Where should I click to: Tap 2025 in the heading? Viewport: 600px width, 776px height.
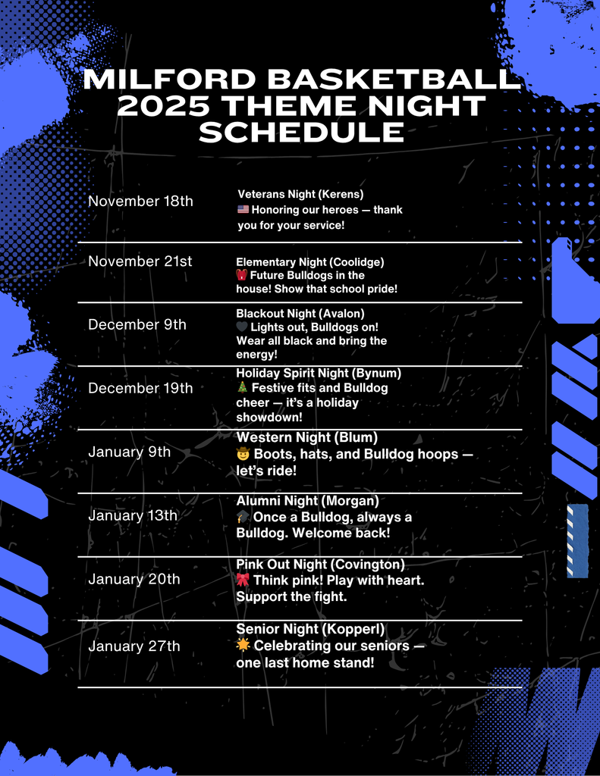click(156, 106)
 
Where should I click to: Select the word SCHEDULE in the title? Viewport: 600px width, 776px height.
click(301, 132)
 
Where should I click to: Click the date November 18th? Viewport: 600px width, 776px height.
click(140, 201)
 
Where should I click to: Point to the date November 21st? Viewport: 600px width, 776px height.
click(140, 261)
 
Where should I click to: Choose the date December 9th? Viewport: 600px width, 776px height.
click(137, 324)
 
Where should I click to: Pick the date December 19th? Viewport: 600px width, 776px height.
click(140, 388)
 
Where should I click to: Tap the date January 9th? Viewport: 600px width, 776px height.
click(130, 452)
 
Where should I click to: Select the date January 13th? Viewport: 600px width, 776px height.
click(133, 515)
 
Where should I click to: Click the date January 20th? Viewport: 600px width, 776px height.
click(134, 579)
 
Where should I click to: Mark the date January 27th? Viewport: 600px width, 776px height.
click(134, 646)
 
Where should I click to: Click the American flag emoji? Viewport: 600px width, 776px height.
click(243, 210)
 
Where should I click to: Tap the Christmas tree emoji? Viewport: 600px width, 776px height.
click(242, 388)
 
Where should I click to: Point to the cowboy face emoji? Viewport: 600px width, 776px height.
click(243, 455)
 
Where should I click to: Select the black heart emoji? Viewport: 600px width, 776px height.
click(242, 327)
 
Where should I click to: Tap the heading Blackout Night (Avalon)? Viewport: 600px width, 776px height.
click(300, 313)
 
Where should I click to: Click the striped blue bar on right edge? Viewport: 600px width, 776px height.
click(577, 540)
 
